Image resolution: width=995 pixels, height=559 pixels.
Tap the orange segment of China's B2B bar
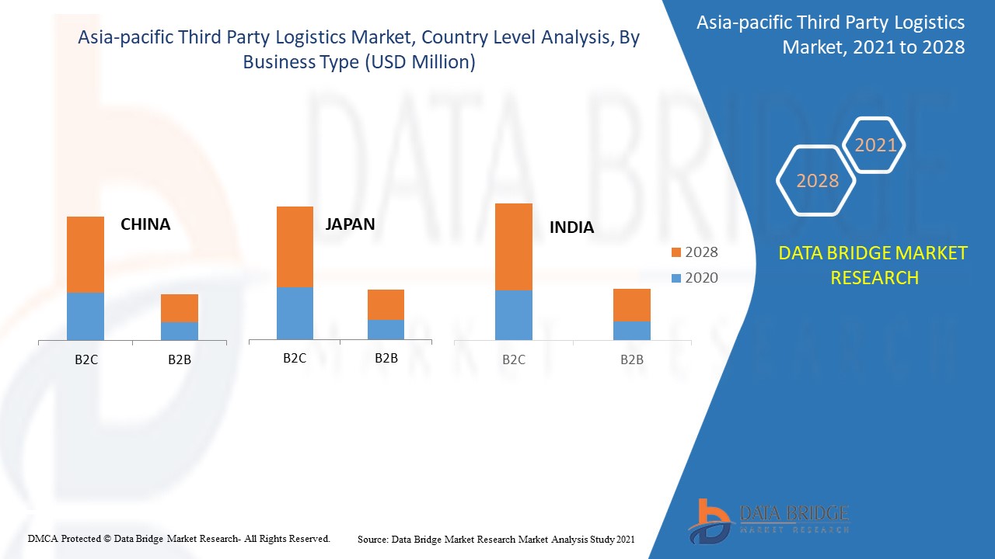click(180, 307)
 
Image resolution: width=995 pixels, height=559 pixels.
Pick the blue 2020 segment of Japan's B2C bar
click(295, 313)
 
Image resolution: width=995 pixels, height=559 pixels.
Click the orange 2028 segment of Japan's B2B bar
click(386, 304)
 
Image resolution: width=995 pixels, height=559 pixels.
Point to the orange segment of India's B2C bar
click(514, 246)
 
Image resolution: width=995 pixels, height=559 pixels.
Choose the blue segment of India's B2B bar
click(632, 330)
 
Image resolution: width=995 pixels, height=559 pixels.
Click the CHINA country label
click(145, 224)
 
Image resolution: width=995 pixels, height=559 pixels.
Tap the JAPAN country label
click(350, 224)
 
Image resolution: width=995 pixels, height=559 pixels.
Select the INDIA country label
click(571, 227)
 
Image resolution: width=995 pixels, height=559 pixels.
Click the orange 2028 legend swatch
click(676, 252)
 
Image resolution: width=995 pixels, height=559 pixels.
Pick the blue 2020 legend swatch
click(676, 278)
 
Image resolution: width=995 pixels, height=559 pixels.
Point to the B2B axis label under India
click(632, 359)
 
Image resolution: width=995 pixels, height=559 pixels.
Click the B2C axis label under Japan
click(295, 358)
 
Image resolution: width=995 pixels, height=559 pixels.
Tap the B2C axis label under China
click(86, 359)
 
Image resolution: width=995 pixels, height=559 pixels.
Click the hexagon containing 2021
click(875, 144)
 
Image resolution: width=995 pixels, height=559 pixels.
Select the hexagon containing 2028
click(816, 180)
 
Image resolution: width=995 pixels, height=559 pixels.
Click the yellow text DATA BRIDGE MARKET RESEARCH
click(874, 265)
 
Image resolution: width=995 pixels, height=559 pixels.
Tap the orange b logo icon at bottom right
click(709, 519)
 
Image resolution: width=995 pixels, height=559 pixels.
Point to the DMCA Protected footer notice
click(179, 538)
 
